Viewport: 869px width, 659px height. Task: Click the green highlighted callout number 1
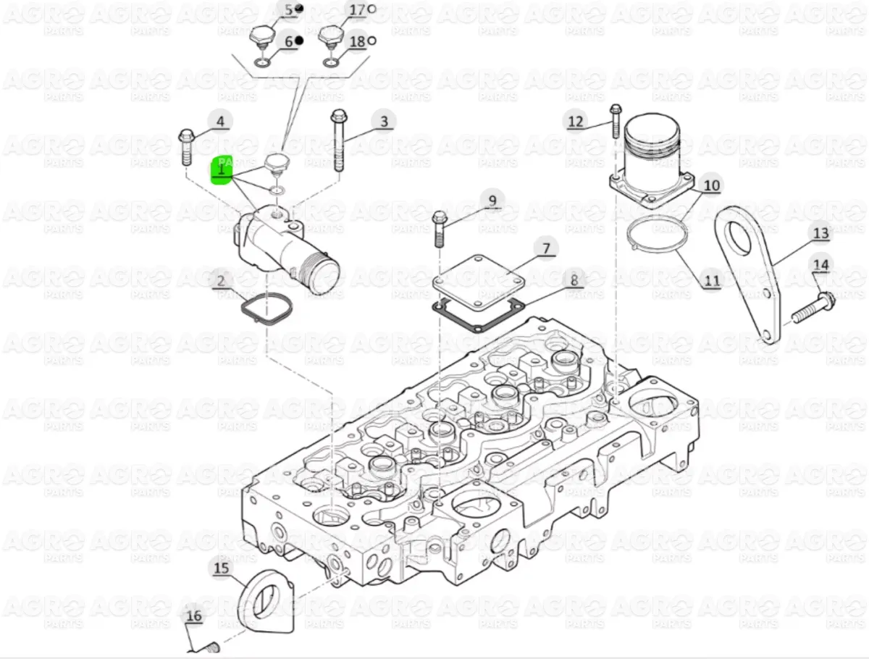click(x=221, y=170)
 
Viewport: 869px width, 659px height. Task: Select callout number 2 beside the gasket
click(x=221, y=281)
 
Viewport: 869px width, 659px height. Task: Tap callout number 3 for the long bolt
click(x=384, y=122)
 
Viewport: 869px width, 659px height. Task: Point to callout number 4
click(x=220, y=121)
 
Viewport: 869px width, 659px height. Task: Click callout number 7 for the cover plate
click(x=546, y=248)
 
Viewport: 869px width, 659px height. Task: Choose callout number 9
click(x=492, y=201)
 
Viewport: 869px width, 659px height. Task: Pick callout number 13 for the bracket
click(x=820, y=233)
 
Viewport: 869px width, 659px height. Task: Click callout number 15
click(x=222, y=568)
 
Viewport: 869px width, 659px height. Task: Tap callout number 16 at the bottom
click(x=193, y=616)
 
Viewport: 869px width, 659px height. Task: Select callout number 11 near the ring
click(x=711, y=281)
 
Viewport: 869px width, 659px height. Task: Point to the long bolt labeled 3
click(x=338, y=140)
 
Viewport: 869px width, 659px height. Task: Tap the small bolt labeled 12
click(x=616, y=121)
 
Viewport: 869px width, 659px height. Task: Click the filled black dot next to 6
click(x=299, y=40)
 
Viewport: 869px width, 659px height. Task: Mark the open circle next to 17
click(x=371, y=9)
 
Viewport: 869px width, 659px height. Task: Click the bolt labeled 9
click(x=440, y=229)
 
